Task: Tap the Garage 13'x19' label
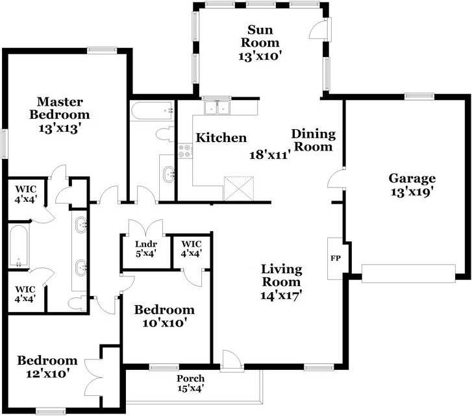pyautogui.click(x=412, y=184)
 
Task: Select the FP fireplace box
pyautogui.click(x=336, y=258)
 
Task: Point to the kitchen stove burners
pyautogui.click(x=184, y=151)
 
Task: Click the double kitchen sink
pyautogui.click(x=218, y=106)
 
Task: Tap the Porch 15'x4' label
pyautogui.click(x=190, y=383)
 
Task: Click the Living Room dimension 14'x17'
pyautogui.click(x=281, y=295)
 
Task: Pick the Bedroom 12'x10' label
pyautogui.click(x=47, y=367)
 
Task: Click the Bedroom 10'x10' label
pyautogui.click(x=164, y=316)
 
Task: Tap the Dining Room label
pyautogui.click(x=313, y=140)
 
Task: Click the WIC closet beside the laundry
pyautogui.click(x=191, y=249)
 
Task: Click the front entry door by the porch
pyautogui.click(x=230, y=361)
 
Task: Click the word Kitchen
pyautogui.click(x=221, y=138)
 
